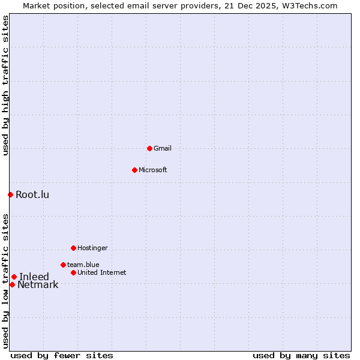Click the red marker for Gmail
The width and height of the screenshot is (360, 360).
149,148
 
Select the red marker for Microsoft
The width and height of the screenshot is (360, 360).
134,170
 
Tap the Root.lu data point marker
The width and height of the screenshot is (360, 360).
10,194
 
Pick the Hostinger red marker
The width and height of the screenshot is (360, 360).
73,248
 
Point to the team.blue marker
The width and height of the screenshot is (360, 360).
63,265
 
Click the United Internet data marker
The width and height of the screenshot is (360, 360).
73,272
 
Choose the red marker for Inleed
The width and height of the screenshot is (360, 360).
14,277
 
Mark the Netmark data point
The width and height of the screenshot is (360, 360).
12,284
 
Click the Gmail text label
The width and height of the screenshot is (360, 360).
163,148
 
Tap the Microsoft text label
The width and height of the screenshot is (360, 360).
153,170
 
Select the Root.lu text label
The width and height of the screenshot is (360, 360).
32,194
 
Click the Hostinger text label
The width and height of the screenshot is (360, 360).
92,248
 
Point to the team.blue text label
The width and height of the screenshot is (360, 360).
83,265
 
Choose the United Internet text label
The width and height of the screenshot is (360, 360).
102,272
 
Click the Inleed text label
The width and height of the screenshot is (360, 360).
34,277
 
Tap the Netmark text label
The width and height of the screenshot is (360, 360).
38,285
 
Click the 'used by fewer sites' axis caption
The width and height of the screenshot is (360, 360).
62,355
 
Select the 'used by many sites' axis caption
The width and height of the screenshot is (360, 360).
301,355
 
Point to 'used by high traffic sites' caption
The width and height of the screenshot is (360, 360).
5,85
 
